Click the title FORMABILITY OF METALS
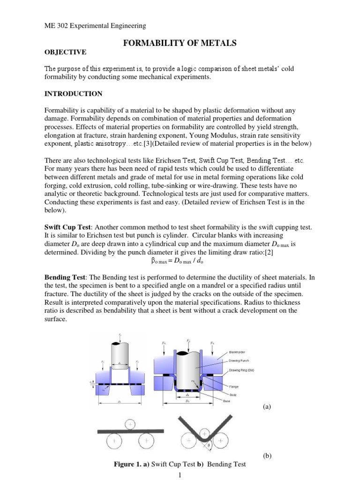coord(180,43)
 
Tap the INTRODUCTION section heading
coord(73,94)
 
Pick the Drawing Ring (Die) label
coord(241,370)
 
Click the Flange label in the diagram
coord(234,387)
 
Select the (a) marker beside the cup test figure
coord(268,407)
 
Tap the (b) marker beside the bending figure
coord(268,456)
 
